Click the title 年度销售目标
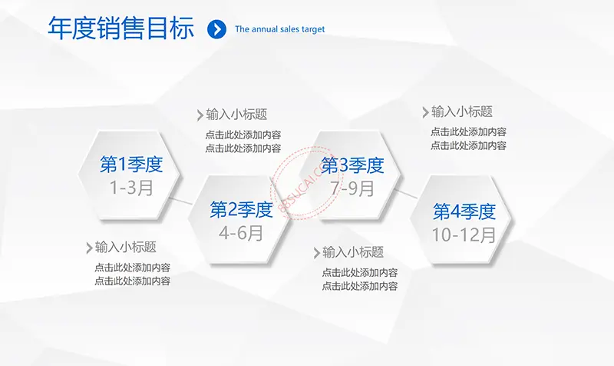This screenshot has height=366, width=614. (121, 28)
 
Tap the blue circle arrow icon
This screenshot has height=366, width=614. (216, 29)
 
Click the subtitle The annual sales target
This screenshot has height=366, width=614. (279, 29)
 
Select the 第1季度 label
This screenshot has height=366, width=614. (131, 164)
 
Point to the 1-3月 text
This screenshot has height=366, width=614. (131, 188)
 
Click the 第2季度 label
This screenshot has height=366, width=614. (241, 209)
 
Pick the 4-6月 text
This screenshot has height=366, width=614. (241, 233)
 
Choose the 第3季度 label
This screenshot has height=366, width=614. (352, 165)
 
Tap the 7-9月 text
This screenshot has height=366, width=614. (352, 188)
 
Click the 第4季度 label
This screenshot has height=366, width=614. (464, 211)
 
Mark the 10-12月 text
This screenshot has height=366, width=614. (464, 235)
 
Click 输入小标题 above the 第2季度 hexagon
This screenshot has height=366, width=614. (236, 115)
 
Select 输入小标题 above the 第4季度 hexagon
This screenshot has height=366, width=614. (462, 111)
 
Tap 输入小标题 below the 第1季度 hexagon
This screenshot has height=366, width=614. (126, 247)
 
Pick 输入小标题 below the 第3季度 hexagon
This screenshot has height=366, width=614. (353, 252)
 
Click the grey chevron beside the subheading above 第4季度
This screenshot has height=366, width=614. (426, 112)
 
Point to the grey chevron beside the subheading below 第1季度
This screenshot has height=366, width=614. (89, 248)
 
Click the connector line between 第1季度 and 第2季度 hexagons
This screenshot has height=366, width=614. (180, 201)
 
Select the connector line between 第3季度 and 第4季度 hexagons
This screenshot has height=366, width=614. (406, 194)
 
